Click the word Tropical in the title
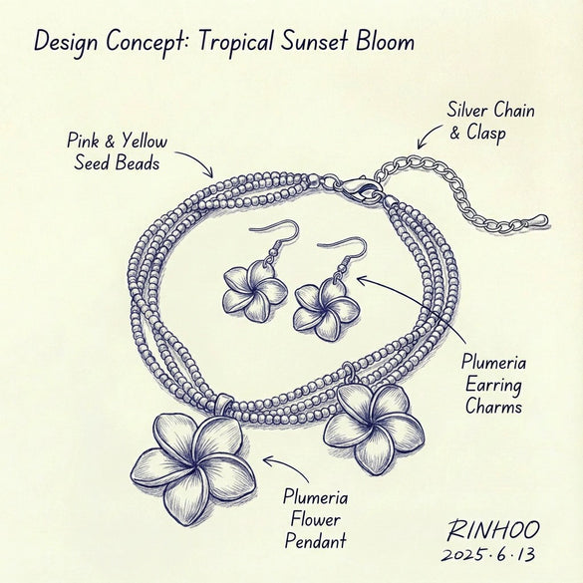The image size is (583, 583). [238, 42]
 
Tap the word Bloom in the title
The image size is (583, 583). [385, 40]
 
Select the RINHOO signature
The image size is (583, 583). [493, 530]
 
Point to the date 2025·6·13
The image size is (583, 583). [488, 554]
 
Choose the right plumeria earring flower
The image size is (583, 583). [326, 309]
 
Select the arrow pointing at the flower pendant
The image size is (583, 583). [289, 466]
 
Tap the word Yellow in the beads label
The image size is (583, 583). [146, 143]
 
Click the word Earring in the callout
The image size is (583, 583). [493, 386]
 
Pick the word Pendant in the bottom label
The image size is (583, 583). [315, 540]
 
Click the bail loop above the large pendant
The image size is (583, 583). [224, 403]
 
